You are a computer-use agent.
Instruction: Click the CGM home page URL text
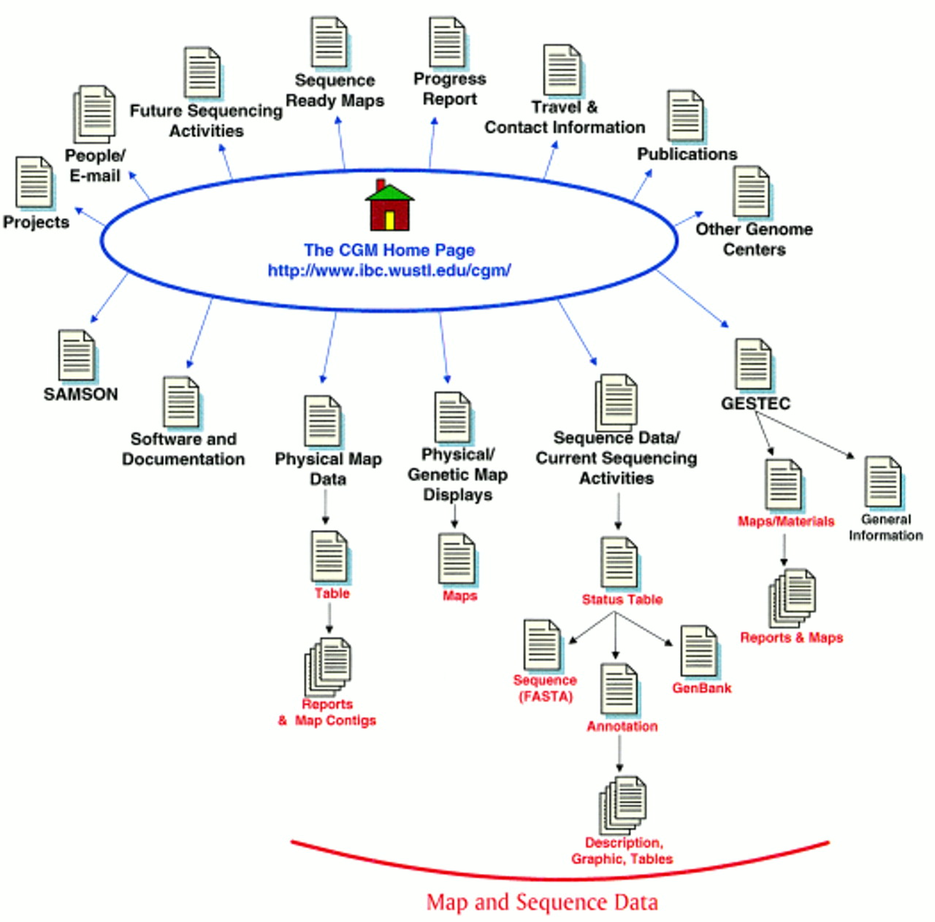pos(389,270)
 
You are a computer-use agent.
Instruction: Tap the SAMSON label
pos(80,394)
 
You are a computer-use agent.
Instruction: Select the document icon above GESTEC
pos(753,364)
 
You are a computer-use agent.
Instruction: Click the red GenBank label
pos(701,688)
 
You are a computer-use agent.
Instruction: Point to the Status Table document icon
pos(619,562)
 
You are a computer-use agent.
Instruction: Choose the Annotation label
pos(622,726)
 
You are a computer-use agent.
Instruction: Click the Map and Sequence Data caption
pos(542,902)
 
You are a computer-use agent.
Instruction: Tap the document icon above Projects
pos(34,182)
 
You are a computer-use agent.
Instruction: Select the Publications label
pos(687,154)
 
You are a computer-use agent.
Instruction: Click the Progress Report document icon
pos(447,42)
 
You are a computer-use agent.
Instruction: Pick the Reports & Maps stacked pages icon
pos(792,598)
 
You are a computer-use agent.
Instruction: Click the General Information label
pos(885,527)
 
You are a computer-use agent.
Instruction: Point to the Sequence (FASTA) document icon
pos(543,645)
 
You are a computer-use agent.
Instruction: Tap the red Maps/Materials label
pos(786,521)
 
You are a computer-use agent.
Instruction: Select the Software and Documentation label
pos(183,449)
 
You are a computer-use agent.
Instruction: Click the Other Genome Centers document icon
pos(752,191)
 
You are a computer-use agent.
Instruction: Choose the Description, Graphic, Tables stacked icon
pos(623,805)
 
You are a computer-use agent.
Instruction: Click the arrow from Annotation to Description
pos(619,753)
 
